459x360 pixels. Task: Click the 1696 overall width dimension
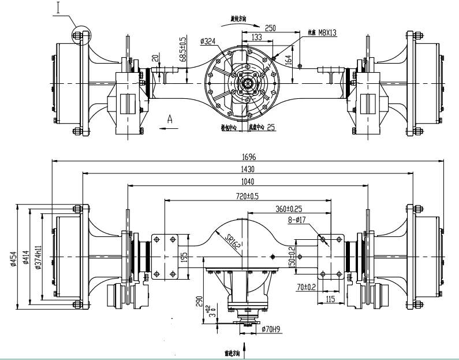point(249,157)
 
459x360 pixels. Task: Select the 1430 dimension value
point(249,169)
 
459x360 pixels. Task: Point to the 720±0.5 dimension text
point(248,196)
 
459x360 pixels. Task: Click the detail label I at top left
point(58,7)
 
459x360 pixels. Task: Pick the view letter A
point(170,118)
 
